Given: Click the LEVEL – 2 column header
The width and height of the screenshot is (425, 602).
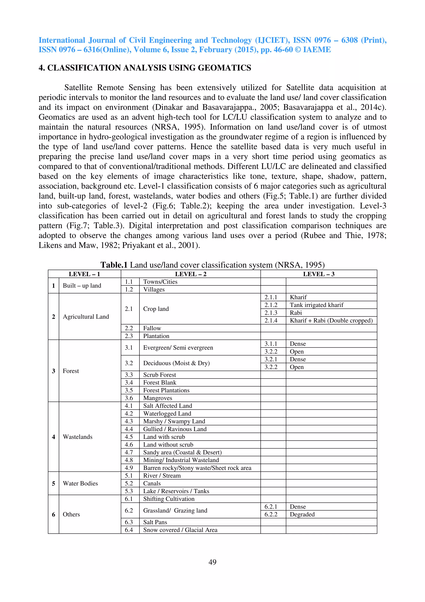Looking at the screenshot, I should pos(191,274).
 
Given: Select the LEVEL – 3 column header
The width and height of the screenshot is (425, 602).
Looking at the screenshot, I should pos(319,274).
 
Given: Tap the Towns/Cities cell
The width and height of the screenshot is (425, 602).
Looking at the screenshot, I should pos(160,282).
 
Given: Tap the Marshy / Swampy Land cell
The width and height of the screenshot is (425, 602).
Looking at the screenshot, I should pos(174,421).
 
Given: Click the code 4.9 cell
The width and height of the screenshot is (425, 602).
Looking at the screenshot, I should pos(129,468).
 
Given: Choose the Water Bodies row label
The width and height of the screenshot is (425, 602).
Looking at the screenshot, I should pos(80,483).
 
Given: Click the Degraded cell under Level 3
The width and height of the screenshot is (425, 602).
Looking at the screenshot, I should pos(302,514).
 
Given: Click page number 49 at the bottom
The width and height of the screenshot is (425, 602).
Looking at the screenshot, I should pos(212,562).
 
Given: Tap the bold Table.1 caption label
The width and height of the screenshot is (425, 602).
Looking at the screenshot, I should pos(114,265).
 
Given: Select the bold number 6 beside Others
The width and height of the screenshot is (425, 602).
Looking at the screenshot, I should pos(53,514).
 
